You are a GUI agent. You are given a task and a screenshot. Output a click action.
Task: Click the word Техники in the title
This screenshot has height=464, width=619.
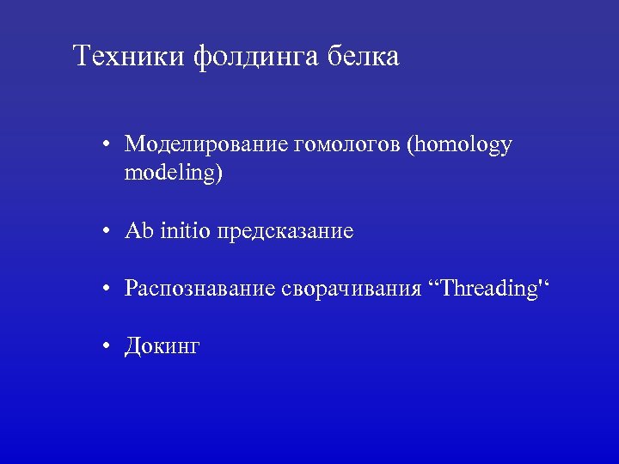point(130,57)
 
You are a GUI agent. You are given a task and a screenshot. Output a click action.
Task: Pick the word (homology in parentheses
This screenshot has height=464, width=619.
point(462,146)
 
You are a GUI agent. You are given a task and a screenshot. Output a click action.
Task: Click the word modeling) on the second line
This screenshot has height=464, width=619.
point(173,174)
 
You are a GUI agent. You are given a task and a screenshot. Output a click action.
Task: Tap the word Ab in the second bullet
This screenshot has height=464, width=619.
point(138,231)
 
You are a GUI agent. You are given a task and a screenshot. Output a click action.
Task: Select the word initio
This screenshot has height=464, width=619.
point(183,231)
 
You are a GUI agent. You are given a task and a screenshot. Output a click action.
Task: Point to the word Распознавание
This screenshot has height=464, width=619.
point(199,290)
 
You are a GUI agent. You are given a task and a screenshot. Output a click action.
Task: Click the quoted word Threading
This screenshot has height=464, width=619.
point(487,290)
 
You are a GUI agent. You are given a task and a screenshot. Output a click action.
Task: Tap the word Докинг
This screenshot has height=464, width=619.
point(162,347)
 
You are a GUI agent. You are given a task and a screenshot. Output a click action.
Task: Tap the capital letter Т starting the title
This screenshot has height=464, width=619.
point(82,57)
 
